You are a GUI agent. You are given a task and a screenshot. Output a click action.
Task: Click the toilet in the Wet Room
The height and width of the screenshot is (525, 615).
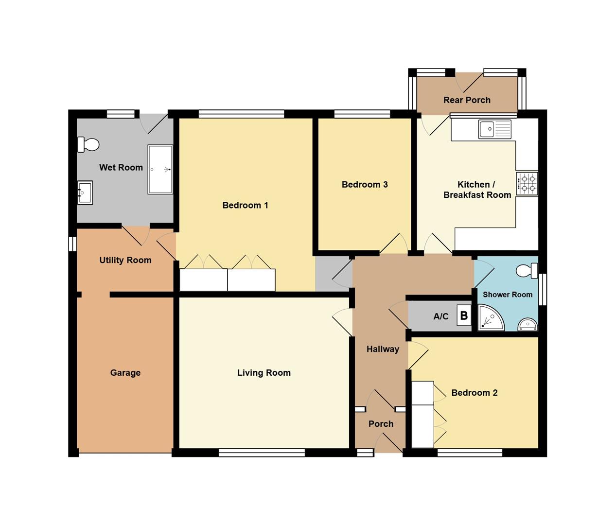click(x=88, y=144)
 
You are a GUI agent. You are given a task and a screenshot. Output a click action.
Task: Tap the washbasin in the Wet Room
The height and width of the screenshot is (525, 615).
click(x=85, y=193)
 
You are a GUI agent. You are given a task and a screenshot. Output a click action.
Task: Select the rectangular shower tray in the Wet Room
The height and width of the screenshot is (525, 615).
click(x=160, y=170)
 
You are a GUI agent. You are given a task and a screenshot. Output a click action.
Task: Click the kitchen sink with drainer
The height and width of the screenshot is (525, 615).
click(x=494, y=129)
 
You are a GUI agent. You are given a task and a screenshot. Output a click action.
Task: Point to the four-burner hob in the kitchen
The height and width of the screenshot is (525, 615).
click(x=527, y=184)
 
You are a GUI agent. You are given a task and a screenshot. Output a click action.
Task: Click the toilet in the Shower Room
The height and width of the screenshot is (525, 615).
click(x=527, y=271)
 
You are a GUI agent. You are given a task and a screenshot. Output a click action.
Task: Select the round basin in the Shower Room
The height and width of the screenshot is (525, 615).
click(x=527, y=324)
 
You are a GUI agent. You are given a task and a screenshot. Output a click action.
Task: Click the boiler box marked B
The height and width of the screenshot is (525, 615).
click(x=464, y=315)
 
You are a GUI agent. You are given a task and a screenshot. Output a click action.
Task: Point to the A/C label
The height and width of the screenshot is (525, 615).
click(x=440, y=316)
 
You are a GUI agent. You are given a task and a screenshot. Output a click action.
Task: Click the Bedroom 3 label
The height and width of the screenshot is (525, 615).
click(x=365, y=184)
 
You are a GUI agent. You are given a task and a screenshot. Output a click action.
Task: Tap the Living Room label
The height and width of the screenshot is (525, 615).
click(x=264, y=373)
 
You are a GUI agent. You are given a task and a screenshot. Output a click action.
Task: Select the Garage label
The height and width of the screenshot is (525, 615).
click(x=125, y=373)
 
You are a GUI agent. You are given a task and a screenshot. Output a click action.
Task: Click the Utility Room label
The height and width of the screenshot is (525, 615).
click(x=125, y=260)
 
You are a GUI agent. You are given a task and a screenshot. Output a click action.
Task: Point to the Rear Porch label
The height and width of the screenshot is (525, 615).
click(x=467, y=100)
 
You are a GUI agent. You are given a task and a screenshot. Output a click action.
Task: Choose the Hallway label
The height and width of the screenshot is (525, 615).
click(x=383, y=349)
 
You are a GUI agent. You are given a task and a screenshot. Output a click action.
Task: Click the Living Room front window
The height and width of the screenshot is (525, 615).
click(x=262, y=453)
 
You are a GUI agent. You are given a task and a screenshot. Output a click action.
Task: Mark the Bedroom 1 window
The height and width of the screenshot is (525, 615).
click(x=241, y=114)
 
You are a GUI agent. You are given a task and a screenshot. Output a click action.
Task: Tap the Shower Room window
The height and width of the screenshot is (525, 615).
click(x=543, y=289)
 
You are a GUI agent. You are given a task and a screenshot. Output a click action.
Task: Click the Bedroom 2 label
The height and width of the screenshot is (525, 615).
click(x=474, y=393)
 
